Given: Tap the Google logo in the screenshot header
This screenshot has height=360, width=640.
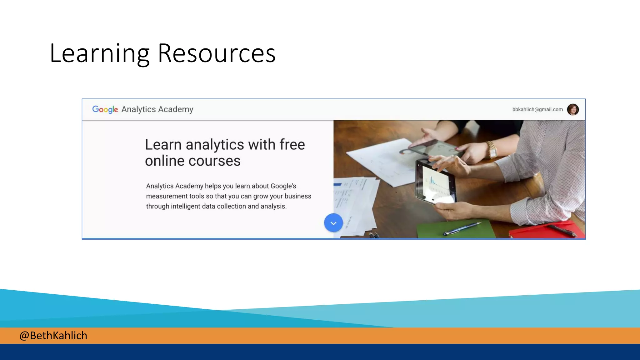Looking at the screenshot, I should point(105,109).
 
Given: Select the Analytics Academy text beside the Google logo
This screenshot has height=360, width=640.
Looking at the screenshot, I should point(157,109).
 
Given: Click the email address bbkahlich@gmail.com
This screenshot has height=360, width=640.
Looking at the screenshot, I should point(537,109).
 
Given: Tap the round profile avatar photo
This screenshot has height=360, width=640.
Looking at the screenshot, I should point(573,109).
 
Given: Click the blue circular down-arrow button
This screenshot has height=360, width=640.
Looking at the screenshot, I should point(333,223).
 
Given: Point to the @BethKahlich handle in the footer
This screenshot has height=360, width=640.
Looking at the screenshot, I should point(53,336).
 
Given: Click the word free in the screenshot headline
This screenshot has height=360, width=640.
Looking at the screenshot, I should point(292,145).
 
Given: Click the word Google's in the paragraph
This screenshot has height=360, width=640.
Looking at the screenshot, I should point(283,186).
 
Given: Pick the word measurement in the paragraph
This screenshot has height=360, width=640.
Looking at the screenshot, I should point(167,196).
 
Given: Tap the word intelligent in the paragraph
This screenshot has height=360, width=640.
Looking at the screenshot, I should point(186,207).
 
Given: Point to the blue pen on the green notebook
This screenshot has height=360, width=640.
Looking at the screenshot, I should point(462,228).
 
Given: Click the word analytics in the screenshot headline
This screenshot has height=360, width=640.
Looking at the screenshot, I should point(215,145).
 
